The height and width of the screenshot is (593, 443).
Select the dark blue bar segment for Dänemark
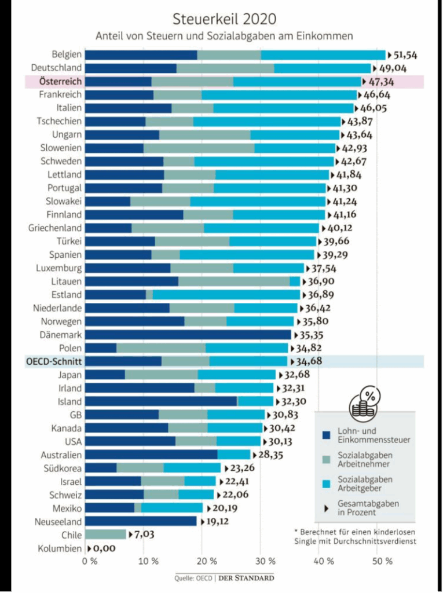pyautogui.click(x=188, y=335)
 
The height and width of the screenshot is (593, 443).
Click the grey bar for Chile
pyautogui.click(x=106, y=535)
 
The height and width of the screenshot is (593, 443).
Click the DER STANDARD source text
pyautogui.click(x=243, y=577)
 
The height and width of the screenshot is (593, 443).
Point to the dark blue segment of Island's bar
pyautogui.click(x=162, y=401)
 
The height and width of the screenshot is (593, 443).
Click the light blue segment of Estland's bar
pyautogui.click(x=226, y=295)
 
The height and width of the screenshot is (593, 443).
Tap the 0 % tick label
pyautogui.click(x=90, y=561)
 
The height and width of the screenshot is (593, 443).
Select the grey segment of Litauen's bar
pyautogui.click(x=234, y=281)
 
